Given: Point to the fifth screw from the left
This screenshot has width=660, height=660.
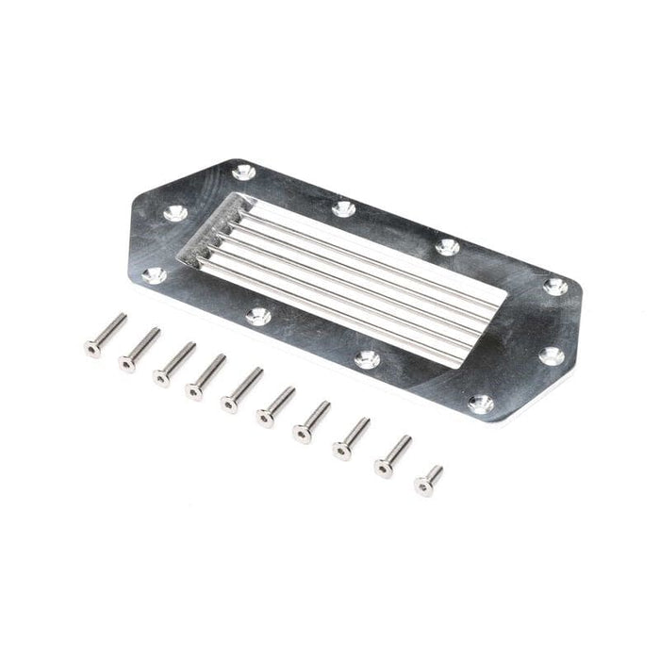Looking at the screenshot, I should pyautogui.click(x=241, y=390).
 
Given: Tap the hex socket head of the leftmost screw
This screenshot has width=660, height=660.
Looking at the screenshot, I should pyautogui.click(x=92, y=349).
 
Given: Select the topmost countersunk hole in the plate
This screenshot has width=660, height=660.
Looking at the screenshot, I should pyautogui.click(x=243, y=172).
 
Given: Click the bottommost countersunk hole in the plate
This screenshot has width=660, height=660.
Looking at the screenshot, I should pyautogui.click(x=481, y=404).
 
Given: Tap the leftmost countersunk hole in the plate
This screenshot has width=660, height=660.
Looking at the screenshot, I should pyautogui.click(x=154, y=275).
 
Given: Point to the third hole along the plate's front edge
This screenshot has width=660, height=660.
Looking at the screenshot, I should pyautogui.click(x=368, y=359).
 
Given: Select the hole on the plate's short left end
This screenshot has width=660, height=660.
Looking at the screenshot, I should pyautogui.click(x=175, y=214).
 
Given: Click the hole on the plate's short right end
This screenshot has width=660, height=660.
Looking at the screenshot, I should pyautogui.click(x=552, y=355).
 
